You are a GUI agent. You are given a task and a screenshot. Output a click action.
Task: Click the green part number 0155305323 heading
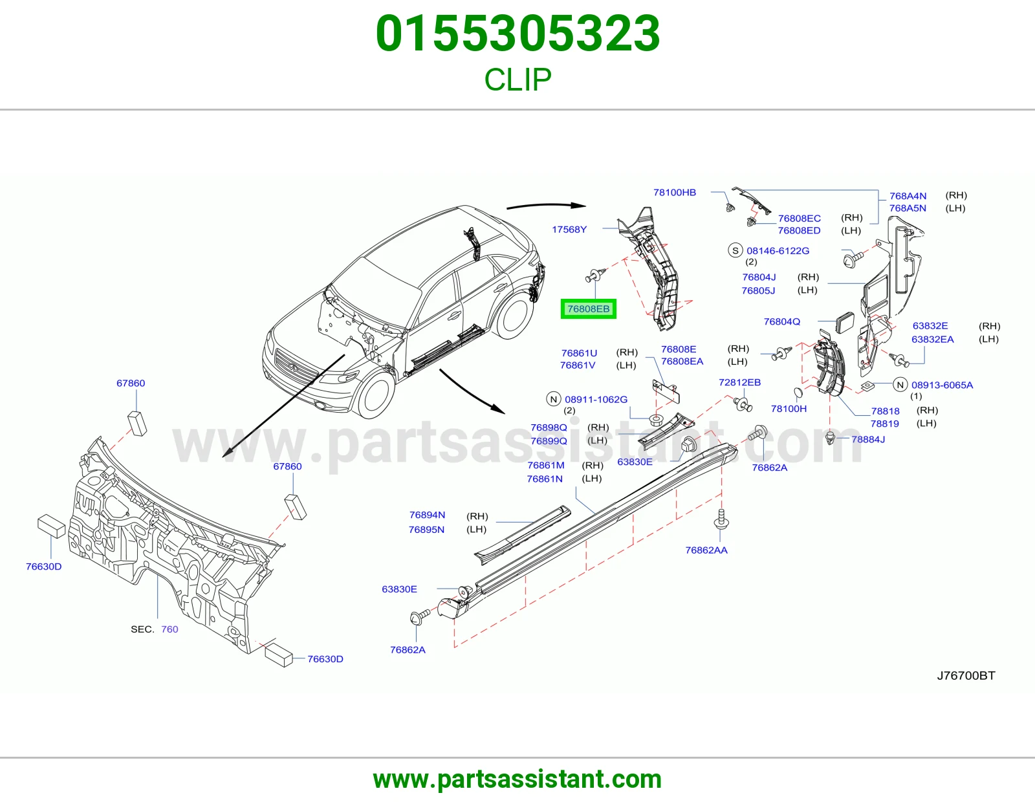(x=517, y=34)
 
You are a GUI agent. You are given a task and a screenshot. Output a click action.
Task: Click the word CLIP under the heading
(x=517, y=80)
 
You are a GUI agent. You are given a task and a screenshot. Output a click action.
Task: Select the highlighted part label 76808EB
(x=588, y=309)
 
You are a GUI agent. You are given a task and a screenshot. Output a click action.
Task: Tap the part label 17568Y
(x=569, y=230)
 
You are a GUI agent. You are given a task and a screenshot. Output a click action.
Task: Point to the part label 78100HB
(x=675, y=192)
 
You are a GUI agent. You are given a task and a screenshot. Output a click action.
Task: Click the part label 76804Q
(x=781, y=321)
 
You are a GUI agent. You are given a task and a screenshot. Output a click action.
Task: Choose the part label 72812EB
(x=739, y=382)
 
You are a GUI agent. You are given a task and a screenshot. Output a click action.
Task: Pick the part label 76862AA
(x=706, y=550)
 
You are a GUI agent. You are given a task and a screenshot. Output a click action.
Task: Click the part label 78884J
(x=868, y=439)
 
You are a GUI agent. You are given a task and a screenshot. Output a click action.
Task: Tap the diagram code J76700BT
(x=966, y=675)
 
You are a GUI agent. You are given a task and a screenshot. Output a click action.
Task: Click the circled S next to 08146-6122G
(x=735, y=250)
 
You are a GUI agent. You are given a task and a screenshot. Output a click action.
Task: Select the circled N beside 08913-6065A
(x=900, y=385)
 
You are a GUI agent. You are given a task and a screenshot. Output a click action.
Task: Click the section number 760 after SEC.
(x=169, y=629)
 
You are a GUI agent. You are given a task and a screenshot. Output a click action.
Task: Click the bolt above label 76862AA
(x=722, y=519)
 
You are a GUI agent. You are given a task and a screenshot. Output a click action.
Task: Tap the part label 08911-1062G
(x=596, y=400)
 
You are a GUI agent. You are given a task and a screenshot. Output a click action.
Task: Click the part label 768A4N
(x=908, y=196)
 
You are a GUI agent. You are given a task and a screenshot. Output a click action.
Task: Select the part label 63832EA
(x=933, y=339)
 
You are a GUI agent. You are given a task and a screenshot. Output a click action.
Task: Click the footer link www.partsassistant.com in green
(x=517, y=779)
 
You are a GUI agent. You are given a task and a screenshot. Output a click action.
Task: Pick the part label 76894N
(x=427, y=515)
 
